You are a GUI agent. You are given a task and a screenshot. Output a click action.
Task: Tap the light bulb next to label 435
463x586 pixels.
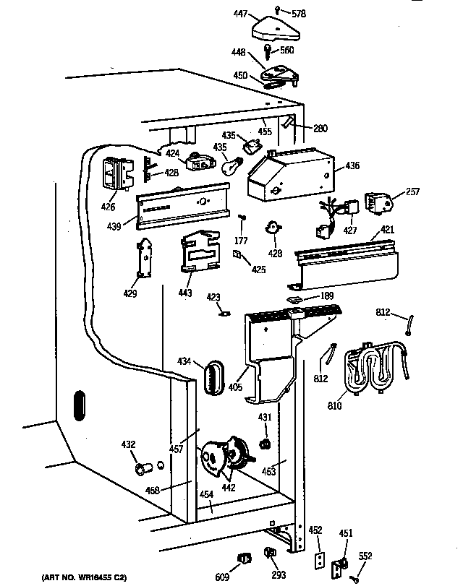tap(230, 166)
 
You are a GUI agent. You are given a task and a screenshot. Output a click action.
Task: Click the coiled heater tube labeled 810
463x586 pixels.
tap(376, 369)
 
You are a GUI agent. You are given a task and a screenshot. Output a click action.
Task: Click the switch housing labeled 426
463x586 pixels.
tap(116, 173)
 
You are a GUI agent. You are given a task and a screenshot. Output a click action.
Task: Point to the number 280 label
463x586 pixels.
tap(320, 129)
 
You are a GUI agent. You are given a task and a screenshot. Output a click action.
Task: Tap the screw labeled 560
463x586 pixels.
tap(268, 52)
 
